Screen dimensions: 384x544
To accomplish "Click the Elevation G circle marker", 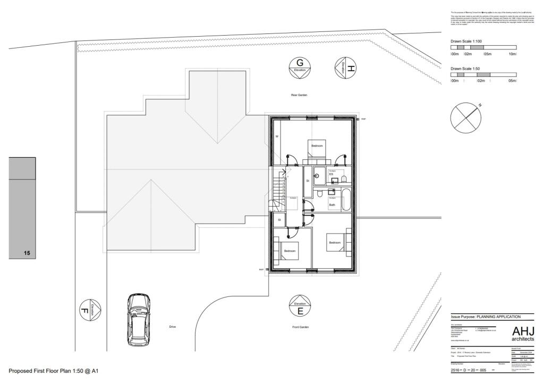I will pos(300,66).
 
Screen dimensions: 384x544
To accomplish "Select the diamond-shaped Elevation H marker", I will pos(345,67).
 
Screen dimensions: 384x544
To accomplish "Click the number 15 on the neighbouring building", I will pos(27,253).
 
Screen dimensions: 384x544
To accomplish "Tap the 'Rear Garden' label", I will pos(299,95).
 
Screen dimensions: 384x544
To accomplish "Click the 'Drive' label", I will pos(172,327).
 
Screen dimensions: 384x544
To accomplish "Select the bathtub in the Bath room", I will pos(346,199).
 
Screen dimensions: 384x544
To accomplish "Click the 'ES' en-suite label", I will pos(331,174).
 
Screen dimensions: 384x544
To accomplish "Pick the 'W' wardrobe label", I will pos(277,136).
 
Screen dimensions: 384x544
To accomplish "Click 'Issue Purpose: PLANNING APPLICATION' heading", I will pos(486,317).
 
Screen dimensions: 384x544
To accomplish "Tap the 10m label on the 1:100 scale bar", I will pos(512,54).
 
